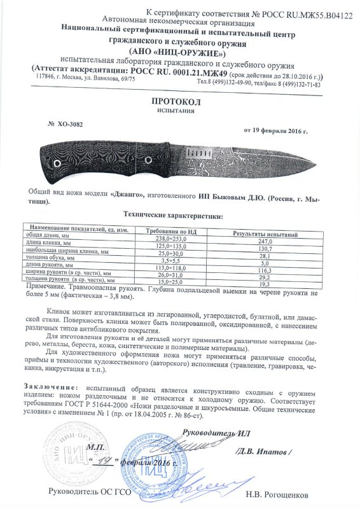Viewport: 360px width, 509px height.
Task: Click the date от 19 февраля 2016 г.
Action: (275, 131)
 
